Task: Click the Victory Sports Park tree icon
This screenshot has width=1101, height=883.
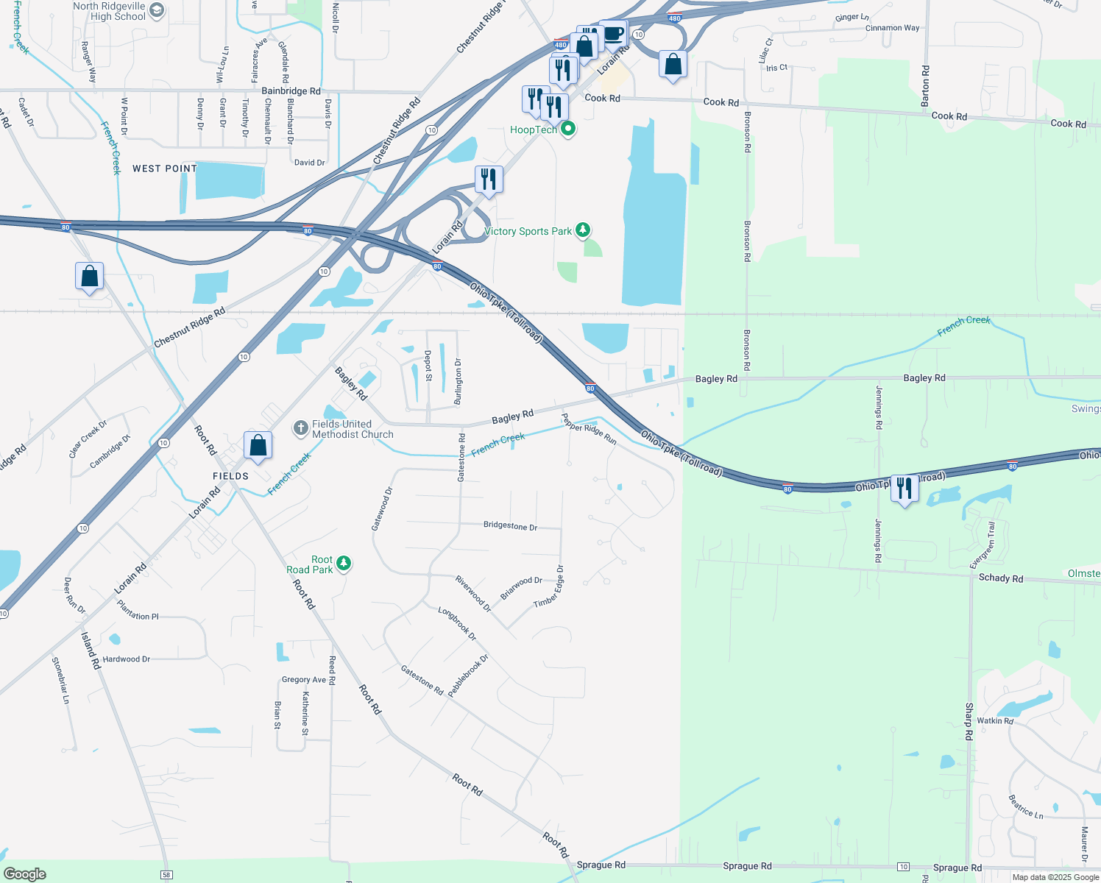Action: (x=583, y=231)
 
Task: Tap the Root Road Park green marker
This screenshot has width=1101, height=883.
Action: (x=343, y=564)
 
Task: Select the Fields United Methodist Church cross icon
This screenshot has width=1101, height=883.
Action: (x=300, y=428)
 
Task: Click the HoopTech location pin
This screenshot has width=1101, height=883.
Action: (x=567, y=130)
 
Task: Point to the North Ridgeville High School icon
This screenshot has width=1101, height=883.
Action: (x=157, y=11)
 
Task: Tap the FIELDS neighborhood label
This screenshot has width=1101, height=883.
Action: (x=231, y=476)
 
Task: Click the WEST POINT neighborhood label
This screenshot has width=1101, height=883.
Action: (x=165, y=169)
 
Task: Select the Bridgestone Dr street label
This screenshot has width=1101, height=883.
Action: (x=510, y=526)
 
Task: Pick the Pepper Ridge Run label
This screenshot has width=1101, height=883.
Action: (x=589, y=429)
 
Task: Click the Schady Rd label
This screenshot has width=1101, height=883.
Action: (x=1000, y=578)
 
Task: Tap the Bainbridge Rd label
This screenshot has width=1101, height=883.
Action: (x=291, y=91)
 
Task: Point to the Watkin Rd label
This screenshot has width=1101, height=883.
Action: (x=995, y=720)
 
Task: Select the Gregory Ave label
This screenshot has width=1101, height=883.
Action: (x=303, y=680)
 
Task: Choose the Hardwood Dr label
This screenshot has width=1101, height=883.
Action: (x=126, y=659)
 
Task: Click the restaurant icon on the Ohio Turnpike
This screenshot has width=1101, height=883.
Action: (x=904, y=488)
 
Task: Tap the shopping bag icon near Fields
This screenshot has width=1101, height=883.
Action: (x=258, y=445)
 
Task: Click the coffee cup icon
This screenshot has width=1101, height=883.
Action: (x=613, y=33)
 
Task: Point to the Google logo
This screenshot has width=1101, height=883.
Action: (x=25, y=874)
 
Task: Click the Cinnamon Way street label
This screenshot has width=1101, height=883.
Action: (x=892, y=28)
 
